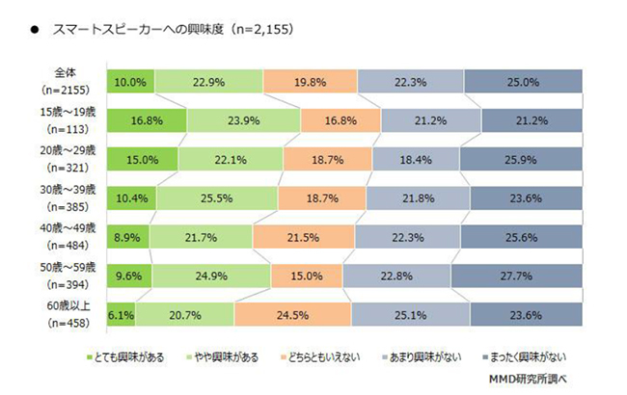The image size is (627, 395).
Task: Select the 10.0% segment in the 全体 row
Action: [129, 83]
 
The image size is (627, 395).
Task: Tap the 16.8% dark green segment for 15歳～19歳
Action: [147, 121]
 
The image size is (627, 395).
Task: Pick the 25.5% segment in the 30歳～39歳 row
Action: [216, 198]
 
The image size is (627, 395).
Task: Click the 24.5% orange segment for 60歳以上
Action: [291, 315]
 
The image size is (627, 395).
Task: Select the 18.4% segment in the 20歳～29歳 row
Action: [415, 160]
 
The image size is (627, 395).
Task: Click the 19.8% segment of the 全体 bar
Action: [308, 83]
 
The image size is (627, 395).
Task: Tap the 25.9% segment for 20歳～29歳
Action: [520, 160]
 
